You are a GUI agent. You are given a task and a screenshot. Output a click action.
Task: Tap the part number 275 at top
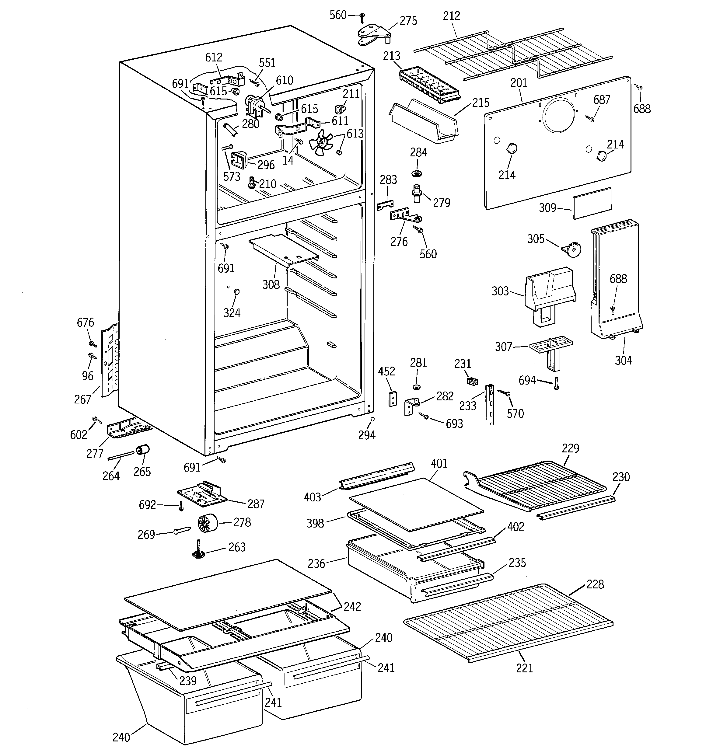point(408,21)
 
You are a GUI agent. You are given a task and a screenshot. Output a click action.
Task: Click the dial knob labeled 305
point(573,249)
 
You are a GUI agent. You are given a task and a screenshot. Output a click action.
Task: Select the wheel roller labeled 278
point(207,523)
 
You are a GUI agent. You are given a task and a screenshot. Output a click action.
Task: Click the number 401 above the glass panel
point(439,463)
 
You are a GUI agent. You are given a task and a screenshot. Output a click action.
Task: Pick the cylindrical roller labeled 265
point(143,450)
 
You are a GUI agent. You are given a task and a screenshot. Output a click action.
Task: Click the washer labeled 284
point(417,173)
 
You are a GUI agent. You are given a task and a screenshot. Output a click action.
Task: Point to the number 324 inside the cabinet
point(232,312)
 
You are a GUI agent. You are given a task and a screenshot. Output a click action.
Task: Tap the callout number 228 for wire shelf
point(595,584)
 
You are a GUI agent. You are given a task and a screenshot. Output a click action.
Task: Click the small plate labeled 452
point(393,399)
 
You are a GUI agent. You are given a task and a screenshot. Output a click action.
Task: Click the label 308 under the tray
point(271,284)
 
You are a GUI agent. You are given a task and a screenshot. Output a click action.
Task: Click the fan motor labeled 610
point(252,104)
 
